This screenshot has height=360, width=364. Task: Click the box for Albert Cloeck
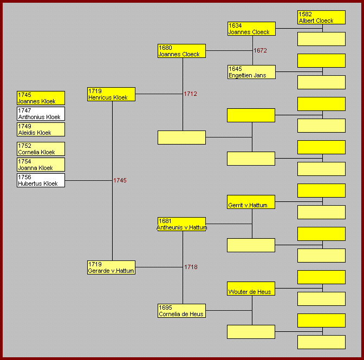tap(321, 17)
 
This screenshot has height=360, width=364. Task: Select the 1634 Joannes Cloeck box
tap(251, 29)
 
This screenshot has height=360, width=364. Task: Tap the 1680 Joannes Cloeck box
tap(181, 51)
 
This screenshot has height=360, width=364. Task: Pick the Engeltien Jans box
tap(251, 72)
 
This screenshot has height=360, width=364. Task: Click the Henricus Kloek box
tap(111, 94)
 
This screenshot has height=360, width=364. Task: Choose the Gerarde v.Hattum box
tap(111, 267)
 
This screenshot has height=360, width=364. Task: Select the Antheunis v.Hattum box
tap(181, 224)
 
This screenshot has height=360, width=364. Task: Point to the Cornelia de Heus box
tap(181, 311)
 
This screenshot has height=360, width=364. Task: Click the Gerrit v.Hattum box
tap(251, 202)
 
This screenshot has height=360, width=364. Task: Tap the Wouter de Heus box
tap(251, 289)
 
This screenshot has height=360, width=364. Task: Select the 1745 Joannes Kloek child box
tap(41, 98)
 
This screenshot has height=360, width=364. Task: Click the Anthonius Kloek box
tap(41, 114)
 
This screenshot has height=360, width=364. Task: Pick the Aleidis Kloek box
tap(41, 129)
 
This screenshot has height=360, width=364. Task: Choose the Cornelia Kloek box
tap(41, 149)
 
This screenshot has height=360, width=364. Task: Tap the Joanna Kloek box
tap(41, 165)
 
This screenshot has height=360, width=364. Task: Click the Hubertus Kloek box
tap(41, 180)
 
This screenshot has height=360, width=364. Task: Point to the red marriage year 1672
tap(260, 50)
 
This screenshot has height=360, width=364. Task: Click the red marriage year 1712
tap(190, 94)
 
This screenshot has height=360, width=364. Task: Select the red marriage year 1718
tap(191, 267)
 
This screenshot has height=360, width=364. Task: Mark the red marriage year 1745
tap(120, 180)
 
